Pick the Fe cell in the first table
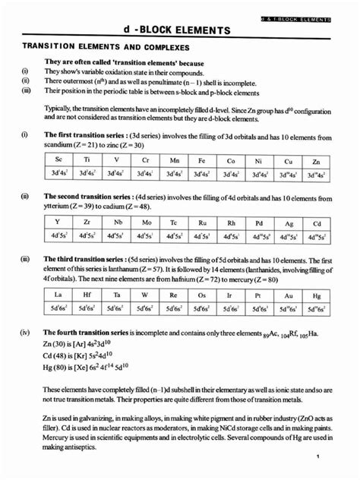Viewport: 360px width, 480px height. (201, 161)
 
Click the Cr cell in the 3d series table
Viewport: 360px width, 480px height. (144, 161)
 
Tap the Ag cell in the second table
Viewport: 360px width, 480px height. (289, 223)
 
